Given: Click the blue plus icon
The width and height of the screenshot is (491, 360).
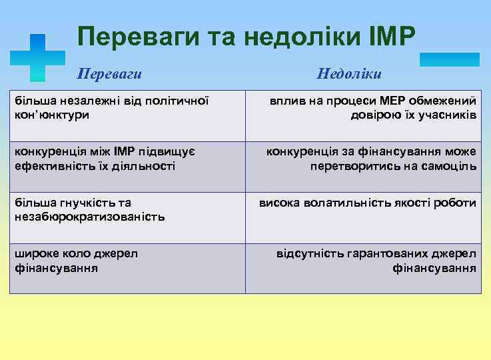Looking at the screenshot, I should (x=39, y=58).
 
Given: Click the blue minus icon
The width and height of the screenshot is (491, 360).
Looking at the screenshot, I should (x=449, y=59).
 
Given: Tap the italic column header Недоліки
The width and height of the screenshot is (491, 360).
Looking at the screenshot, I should (x=348, y=73).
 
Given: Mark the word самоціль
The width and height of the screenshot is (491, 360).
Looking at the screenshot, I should (x=449, y=165).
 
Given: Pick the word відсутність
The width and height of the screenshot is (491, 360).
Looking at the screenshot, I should (x=316, y=254).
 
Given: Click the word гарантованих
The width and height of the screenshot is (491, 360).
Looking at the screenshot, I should (x=396, y=254).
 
